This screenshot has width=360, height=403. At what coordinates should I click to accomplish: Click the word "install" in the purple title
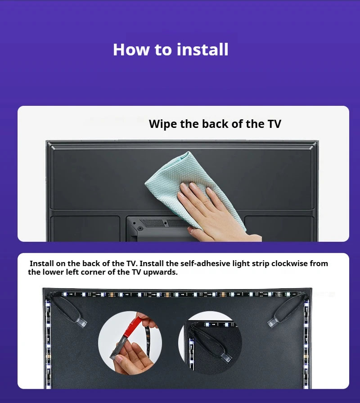coord(202,50)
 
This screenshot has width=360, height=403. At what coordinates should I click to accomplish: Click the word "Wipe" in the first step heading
coord(163,124)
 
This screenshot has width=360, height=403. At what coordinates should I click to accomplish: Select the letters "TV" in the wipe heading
coord(274,124)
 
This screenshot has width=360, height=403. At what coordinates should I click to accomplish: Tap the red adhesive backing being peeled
coord(133,327)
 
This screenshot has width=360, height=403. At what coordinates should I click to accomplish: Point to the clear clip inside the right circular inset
coord(226,357)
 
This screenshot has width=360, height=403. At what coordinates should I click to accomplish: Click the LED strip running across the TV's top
coord(177,294)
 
